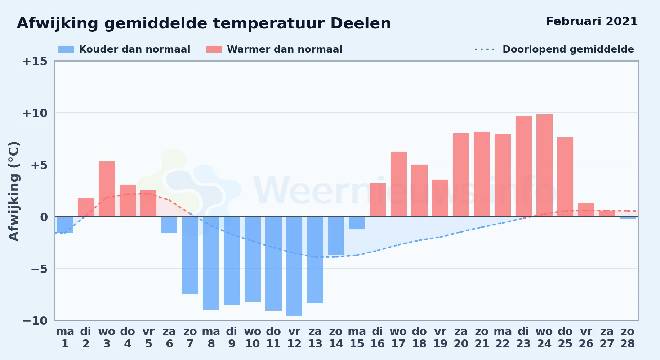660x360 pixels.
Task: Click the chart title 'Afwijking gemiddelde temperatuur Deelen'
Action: click(204, 23)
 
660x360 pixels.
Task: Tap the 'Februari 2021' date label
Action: click(592, 21)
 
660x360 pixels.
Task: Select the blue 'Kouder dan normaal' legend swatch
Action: click(66, 49)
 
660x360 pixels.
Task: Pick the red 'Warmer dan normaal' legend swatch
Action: click(214, 49)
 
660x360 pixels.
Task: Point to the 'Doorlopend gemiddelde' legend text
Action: click(568, 49)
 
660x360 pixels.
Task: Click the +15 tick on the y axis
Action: click(35, 61)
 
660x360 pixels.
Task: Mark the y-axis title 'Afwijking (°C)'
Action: click(14, 191)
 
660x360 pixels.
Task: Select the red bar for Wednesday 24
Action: click(544, 166)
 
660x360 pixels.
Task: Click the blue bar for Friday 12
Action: click(294, 266)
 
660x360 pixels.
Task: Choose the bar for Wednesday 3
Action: click(107, 189)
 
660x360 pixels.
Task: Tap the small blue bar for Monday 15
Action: click(357, 223)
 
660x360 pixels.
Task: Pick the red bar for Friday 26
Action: click(586, 210)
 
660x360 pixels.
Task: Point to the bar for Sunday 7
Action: click(190, 256)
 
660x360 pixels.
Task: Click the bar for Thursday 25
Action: click(565, 177)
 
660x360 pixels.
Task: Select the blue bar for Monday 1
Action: click(65, 225)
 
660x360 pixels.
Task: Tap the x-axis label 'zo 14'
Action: click(336, 338)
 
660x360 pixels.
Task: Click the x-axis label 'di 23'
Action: click(523, 338)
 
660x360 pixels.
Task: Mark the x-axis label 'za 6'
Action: click(169, 338)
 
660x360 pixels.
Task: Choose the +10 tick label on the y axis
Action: click(35, 113)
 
